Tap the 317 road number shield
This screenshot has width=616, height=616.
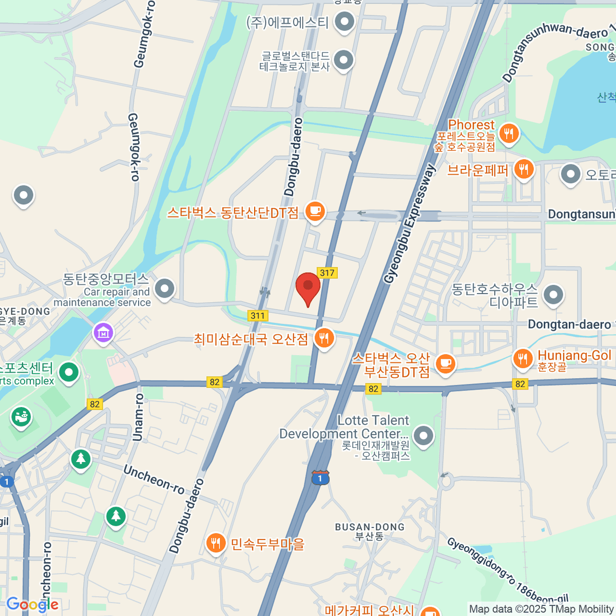pyautogui.click(x=327, y=273)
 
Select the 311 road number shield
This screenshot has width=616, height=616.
pyautogui.click(x=258, y=316)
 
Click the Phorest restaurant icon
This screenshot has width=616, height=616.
pyautogui.click(x=509, y=133)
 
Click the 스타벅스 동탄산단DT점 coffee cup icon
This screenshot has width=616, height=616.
pyautogui.click(x=315, y=210)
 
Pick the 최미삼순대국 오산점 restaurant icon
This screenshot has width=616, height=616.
pyautogui.click(x=323, y=338)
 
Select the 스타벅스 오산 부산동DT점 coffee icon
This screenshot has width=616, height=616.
pyautogui.click(x=445, y=363)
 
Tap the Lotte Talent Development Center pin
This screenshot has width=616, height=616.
pyautogui.click(x=423, y=435)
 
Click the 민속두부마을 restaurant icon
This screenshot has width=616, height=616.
pyautogui.click(x=216, y=543)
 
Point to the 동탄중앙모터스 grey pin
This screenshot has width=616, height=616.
pyautogui.click(x=164, y=288)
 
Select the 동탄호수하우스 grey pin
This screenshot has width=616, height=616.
pyautogui.click(x=553, y=295)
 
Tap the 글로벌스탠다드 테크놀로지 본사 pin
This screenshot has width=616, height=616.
pyautogui.click(x=343, y=60)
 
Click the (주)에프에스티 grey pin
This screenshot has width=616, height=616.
pyautogui.click(x=344, y=22)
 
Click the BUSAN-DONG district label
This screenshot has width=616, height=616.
pyautogui.click(x=370, y=527)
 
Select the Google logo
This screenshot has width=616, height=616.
pyautogui.click(x=32, y=605)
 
